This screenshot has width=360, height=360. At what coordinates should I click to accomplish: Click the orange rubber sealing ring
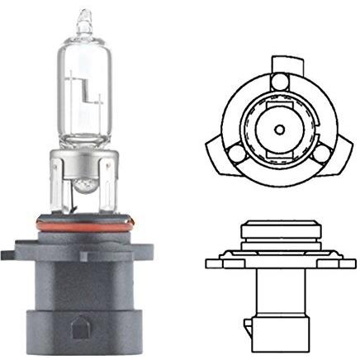[x=83, y=221]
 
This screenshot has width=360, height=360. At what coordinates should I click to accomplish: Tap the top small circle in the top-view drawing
[x=277, y=82]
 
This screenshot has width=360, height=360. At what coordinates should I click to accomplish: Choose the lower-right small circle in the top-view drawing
[x=318, y=152]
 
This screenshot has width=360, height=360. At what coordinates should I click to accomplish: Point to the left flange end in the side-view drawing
[x=213, y=263]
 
